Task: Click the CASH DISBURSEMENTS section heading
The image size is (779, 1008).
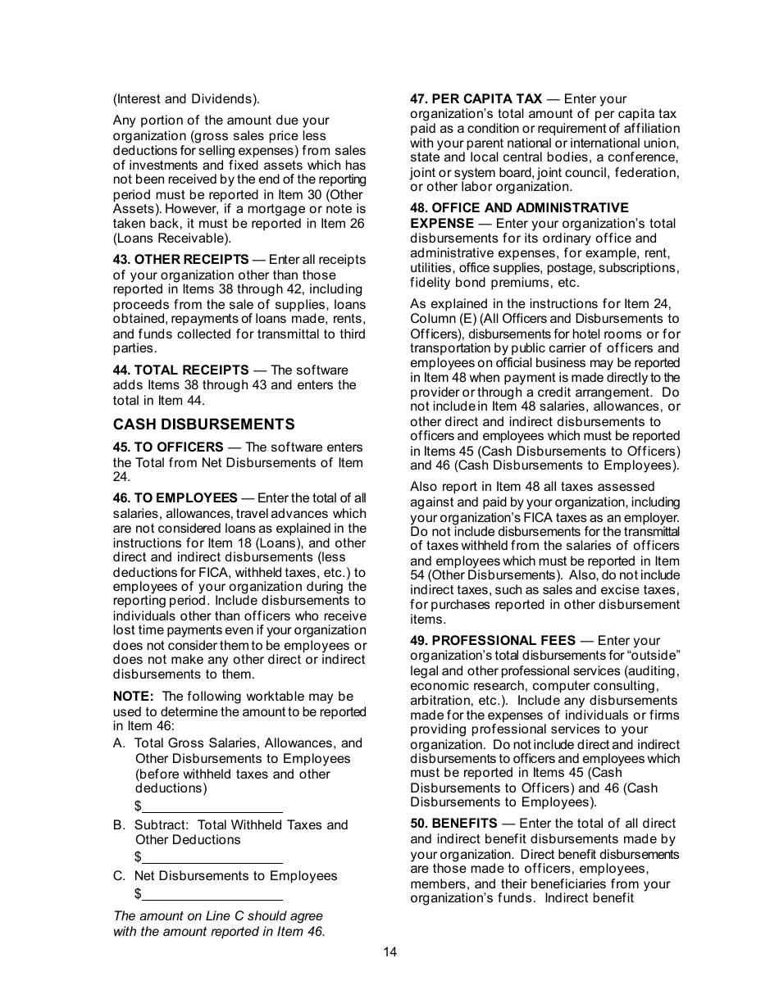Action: [203, 425]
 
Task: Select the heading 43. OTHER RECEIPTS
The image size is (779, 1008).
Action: [180, 260]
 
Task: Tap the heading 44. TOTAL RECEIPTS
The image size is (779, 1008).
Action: [180, 370]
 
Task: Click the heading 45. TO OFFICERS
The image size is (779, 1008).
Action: [168, 447]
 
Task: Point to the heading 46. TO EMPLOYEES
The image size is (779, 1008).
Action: [175, 498]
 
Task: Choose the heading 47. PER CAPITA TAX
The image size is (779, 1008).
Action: [476, 99]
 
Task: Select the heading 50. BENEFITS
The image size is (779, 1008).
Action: [453, 824]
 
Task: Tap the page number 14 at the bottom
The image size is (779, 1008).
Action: [389, 952]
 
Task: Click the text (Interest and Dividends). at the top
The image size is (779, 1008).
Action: [186, 99]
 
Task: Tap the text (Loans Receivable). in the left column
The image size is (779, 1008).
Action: [172, 238]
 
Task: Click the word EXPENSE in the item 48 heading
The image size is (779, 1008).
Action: [442, 224]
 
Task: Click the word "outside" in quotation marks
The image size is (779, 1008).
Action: [654, 656]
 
